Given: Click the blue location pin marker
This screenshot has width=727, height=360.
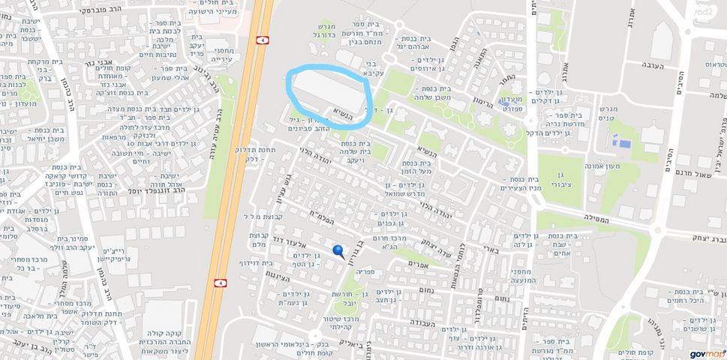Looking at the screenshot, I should point(338,252).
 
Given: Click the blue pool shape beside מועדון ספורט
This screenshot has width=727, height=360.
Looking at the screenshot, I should point(620,140).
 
